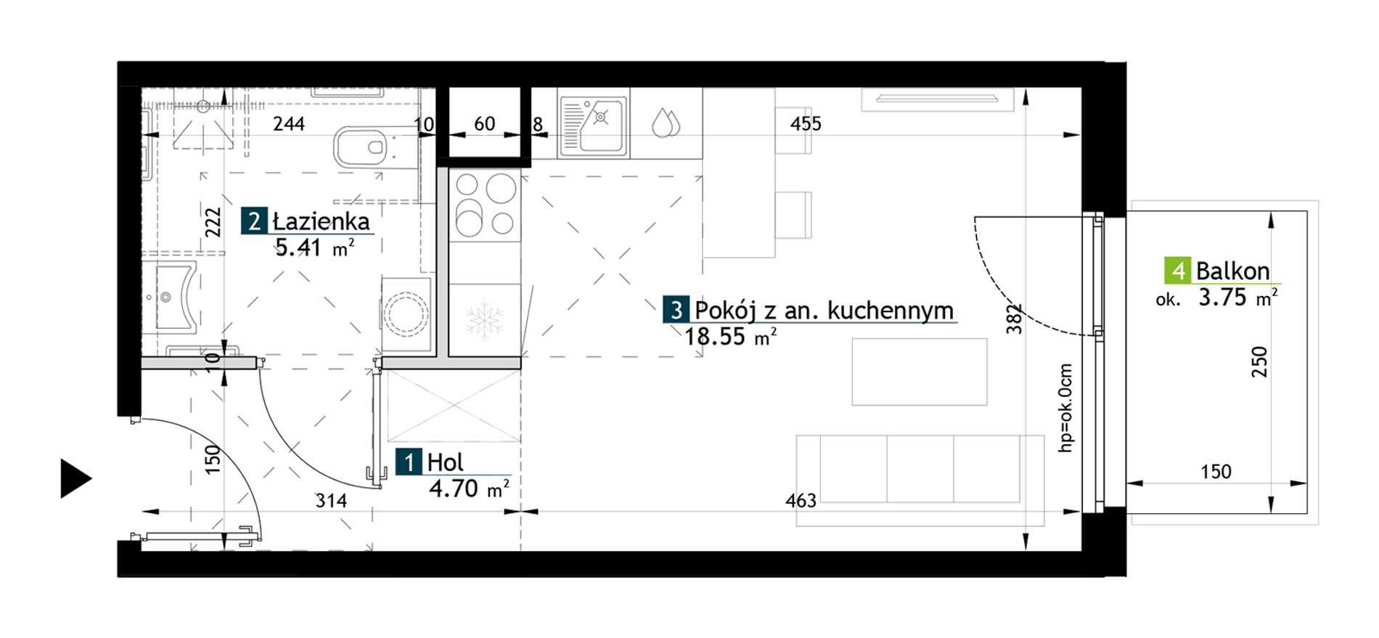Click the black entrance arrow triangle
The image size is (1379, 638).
tap(75, 478)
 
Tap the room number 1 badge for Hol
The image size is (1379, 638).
tap(409, 462)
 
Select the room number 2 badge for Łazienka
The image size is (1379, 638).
tap(254, 221)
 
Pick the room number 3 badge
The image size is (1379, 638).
tap(676, 310)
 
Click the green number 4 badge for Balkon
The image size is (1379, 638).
tap(1177, 271)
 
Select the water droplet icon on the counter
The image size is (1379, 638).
tap(666, 123)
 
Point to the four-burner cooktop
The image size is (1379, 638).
tap(485, 205)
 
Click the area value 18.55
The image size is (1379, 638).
tap(714, 336)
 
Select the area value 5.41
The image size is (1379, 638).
tap(298, 248)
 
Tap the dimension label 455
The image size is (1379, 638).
tap(806, 124)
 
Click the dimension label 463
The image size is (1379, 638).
tap(801, 500)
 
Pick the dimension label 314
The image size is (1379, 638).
tap(331, 500)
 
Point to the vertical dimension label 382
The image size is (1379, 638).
tap(1014, 319)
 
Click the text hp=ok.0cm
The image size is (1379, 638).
tap(1065, 408)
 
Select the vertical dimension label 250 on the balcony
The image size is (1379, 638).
tap(1259, 361)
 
